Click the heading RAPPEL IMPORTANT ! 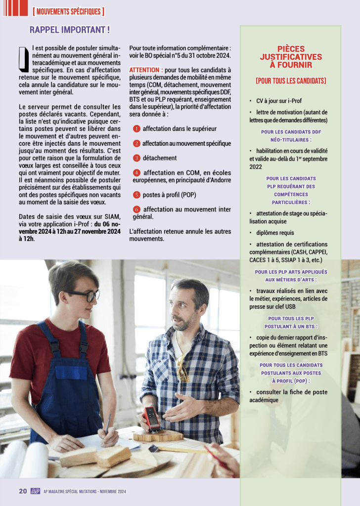coord(70,30)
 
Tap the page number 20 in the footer coord(23,491)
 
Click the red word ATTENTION coord(145,70)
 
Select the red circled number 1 coord(136,129)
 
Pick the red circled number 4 coord(137,173)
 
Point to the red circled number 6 coord(137,210)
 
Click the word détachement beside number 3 coord(160,158)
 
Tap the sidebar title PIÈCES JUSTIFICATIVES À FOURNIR coord(291,57)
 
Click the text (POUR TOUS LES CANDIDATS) coord(291,81)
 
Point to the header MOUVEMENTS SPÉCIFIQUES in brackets coord(69,11)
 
